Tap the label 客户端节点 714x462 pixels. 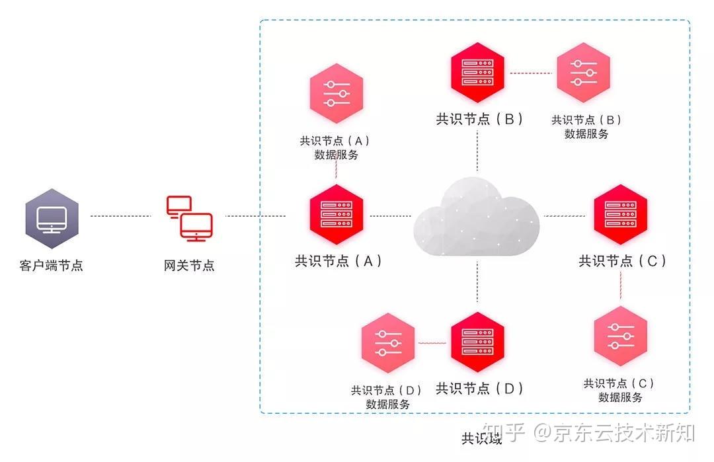click(x=52, y=266)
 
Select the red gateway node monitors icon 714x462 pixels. click(x=189, y=217)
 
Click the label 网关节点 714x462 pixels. click(x=189, y=266)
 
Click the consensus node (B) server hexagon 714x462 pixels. click(x=477, y=69)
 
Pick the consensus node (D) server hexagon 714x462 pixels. click(x=477, y=342)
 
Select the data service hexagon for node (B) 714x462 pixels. click(x=583, y=72)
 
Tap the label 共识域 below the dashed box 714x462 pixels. click(x=481, y=438)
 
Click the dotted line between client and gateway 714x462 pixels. click(x=120, y=216)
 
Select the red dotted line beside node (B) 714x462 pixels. click(x=530, y=72)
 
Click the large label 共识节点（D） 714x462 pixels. click(x=479, y=389)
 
